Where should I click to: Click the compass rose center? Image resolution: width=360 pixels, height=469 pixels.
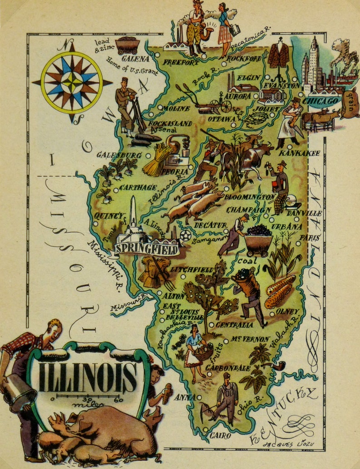(x=72, y=83)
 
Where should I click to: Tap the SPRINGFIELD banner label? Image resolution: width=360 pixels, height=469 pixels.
(x=146, y=249)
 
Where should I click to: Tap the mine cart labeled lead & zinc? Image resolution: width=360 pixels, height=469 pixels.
(x=127, y=45)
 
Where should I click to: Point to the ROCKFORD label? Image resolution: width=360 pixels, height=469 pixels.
(x=244, y=59)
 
